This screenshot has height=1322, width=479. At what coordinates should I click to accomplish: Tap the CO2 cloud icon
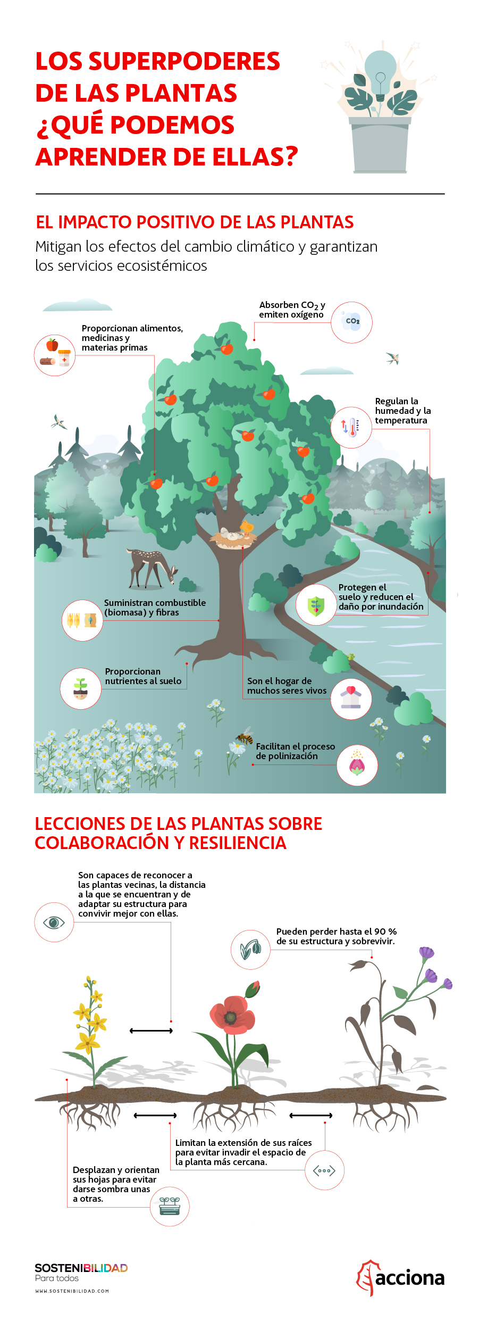click(351, 322)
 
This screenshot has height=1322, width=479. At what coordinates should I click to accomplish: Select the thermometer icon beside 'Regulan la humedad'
click(351, 427)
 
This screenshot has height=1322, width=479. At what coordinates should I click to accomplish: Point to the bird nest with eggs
click(234, 538)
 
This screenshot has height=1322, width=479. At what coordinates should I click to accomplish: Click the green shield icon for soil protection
click(316, 605)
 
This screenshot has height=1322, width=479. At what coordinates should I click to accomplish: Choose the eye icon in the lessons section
click(54, 922)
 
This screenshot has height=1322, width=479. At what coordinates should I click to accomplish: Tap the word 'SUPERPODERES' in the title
click(184, 61)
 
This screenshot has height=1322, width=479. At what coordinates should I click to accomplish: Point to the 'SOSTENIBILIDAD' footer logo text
click(81, 1268)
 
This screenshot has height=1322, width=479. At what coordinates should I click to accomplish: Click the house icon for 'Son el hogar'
click(351, 699)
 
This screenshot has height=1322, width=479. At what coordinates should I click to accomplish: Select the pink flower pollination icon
click(357, 765)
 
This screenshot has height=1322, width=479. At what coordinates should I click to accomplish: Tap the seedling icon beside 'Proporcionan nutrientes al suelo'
click(80, 688)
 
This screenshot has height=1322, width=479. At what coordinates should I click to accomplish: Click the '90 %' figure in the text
click(385, 932)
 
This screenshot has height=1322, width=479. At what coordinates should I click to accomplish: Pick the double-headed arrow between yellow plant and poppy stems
click(152, 1030)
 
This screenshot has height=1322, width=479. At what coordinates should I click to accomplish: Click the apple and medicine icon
click(55, 355)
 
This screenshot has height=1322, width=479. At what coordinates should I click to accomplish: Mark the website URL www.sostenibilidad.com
click(72, 1291)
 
